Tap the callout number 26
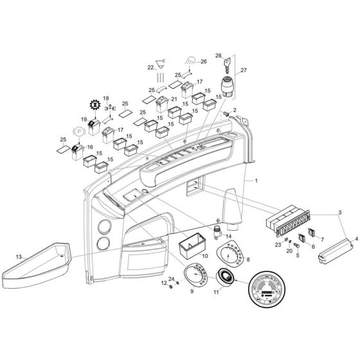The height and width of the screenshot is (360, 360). [203, 62]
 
